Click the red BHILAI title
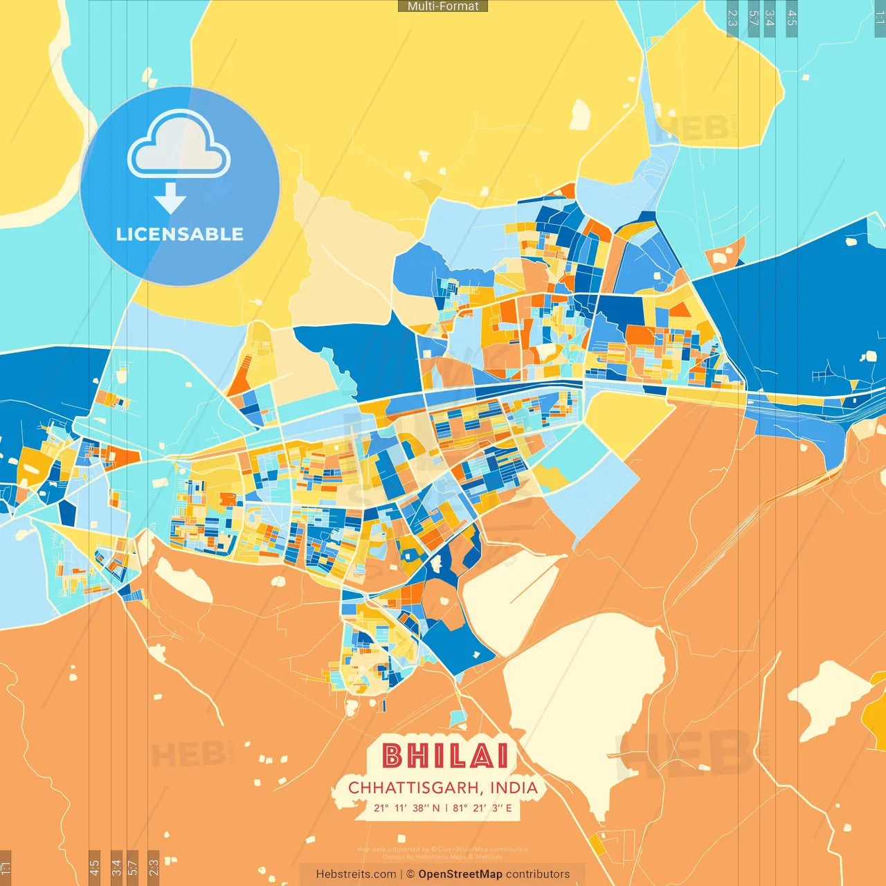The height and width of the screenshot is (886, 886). tap(445, 756)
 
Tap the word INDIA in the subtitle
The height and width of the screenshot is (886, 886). tap(514, 788)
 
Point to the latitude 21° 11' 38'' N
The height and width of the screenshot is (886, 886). tap(407, 808)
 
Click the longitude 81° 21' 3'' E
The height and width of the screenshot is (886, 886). tap(482, 808)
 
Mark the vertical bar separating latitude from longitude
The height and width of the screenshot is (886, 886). tap(446, 808)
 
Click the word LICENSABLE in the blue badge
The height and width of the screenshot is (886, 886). tap(180, 234)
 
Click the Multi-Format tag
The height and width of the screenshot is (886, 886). tap(443, 6)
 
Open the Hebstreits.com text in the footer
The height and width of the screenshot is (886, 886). tap(356, 874)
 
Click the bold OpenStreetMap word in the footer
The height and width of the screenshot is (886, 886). tap(460, 874)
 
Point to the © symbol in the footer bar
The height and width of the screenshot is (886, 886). tap(410, 874)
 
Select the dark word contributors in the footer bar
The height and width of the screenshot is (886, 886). tap(538, 874)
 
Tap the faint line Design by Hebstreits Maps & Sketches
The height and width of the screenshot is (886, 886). tap(443, 857)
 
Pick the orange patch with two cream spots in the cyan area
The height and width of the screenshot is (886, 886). tap(725, 254)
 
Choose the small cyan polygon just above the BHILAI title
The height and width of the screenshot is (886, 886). tap(458, 718)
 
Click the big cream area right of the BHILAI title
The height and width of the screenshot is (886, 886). tap(581, 685)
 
